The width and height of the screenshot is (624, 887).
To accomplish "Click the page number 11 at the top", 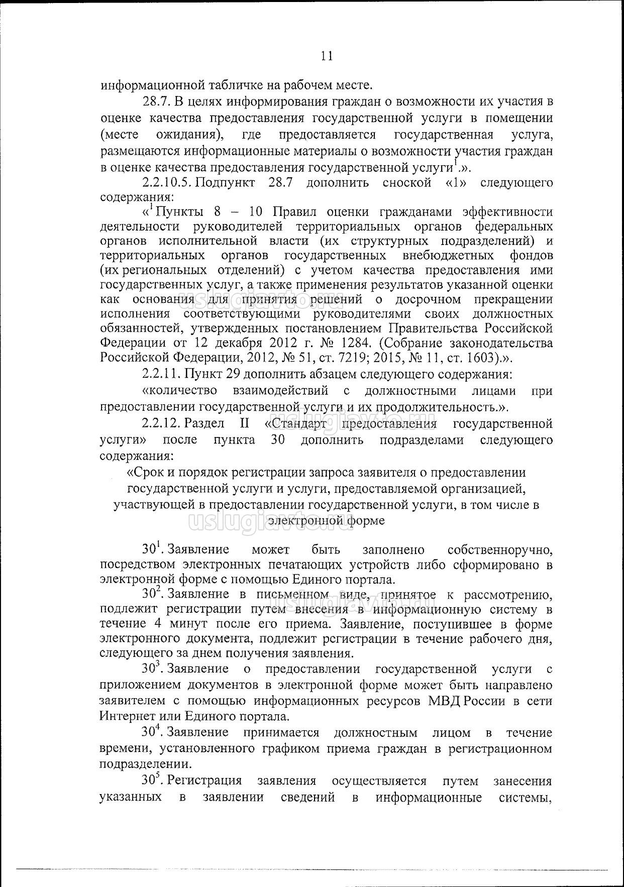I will [x=327, y=56].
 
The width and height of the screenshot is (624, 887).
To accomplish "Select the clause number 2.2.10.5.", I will [x=165, y=182].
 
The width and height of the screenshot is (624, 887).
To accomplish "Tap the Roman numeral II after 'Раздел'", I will [x=245, y=423].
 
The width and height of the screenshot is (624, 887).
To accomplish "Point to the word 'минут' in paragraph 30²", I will [x=187, y=624].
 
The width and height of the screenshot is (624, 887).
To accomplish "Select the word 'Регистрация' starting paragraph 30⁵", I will [x=204, y=781].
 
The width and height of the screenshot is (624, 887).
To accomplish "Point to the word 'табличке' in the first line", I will [x=218, y=84].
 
